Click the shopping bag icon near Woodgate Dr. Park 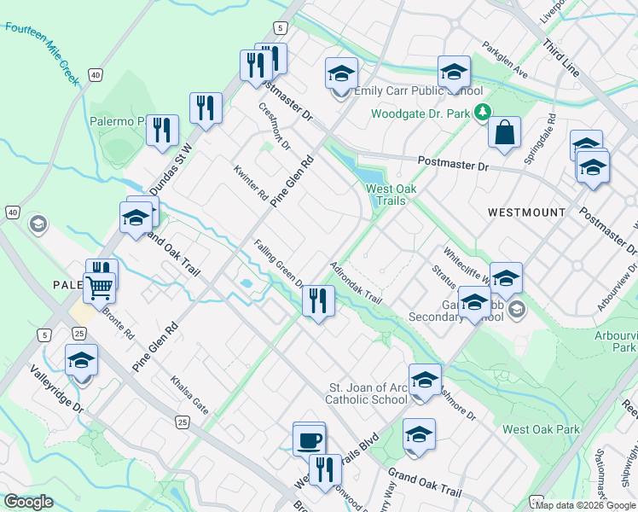click(x=505, y=133)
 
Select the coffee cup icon click(x=310, y=440)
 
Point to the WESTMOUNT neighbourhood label click(x=526, y=212)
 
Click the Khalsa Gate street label click(x=188, y=393)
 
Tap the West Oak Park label click(x=541, y=430)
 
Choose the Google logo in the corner click(x=29, y=502)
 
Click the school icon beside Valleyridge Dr click(x=82, y=361)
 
